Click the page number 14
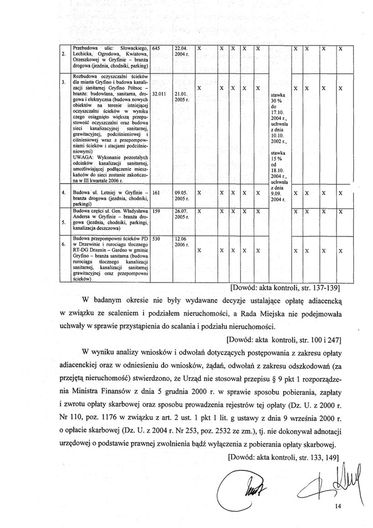(x=338, y=506)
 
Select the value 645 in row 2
(x=157, y=48)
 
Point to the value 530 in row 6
(x=157, y=239)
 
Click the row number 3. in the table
(x=63, y=82)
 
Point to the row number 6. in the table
(x=63, y=243)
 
